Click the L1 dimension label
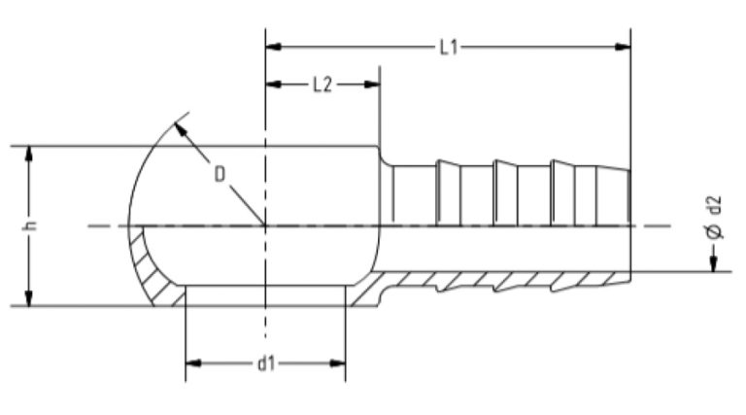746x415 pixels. pos(448,46)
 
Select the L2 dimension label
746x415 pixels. pos(322,86)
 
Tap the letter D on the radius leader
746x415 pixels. pos(220,174)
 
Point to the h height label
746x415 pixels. pos(32,225)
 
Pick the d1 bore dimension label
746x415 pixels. pos(265,363)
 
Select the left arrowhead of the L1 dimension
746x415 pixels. pos(273,46)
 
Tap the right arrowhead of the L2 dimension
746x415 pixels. pos(372,86)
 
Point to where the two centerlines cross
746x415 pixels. pos(265,226)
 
